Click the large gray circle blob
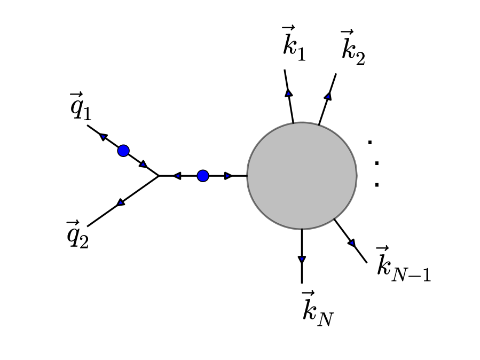click(x=302, y=176)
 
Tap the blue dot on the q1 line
click(x=123, y=151)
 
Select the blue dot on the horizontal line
click(x=203, y=176)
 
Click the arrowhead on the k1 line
click(x=289, y=92)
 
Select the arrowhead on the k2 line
click(x=328, y=96)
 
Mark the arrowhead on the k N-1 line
click(x=351, y=243)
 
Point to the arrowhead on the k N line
click(x=302, y=260)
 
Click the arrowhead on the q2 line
click(x=121, y=202)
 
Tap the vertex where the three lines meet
click(x=159, y=176)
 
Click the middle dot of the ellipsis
click(x=376, y=163)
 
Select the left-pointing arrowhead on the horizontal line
click(x=177, y=176)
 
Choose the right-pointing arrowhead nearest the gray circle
click(x=229, y=176)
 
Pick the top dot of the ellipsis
click(x=369, y=142)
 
